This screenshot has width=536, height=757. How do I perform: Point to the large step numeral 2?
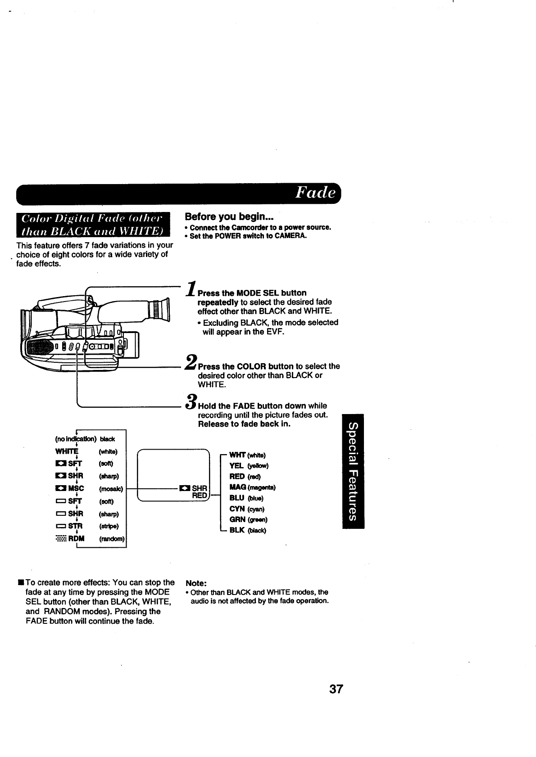click(191, 362)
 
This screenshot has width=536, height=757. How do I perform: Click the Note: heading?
click(196, 583)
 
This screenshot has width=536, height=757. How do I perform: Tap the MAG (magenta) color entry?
click(253, 487)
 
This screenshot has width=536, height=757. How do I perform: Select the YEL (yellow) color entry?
click(249, 465)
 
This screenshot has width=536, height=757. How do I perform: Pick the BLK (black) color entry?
click(248, 530)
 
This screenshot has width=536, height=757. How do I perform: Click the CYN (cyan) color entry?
click(247, 509)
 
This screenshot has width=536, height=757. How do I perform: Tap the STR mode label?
click(75, 526)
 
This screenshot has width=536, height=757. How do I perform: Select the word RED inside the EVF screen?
click(200, 496)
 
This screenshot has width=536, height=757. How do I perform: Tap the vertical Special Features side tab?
click(353, 470)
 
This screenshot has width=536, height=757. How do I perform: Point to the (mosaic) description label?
click(111, 489)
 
